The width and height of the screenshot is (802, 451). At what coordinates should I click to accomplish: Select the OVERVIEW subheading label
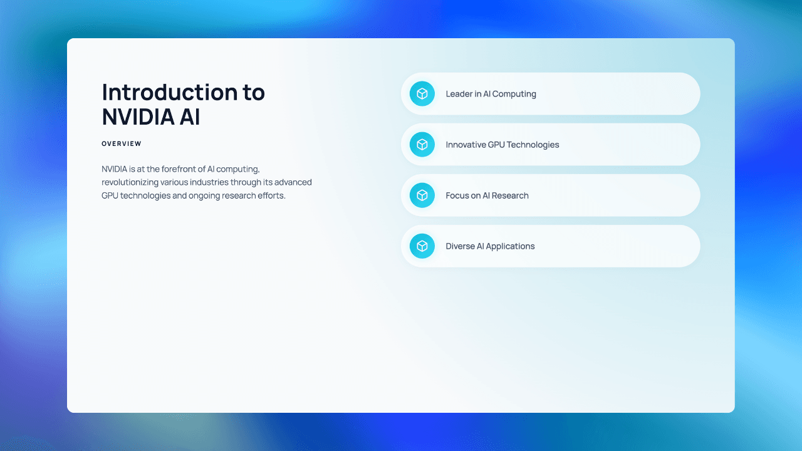click(122, 144)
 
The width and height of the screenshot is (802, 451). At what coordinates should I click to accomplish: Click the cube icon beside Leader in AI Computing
click(422, 94)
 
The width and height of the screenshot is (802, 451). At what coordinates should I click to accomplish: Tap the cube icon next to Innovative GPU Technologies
click(422, 145)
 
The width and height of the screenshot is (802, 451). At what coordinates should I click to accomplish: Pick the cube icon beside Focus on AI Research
click(422, 195)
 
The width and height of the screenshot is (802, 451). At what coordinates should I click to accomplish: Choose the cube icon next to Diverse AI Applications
click(422, 246)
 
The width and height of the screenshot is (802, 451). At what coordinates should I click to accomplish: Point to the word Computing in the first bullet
click(514, 94)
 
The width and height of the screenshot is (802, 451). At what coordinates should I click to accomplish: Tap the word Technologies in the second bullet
click(533, 145)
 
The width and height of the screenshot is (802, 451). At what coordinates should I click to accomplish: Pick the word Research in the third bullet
click(511, 195)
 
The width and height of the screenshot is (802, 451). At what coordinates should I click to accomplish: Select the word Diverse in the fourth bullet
click(461, 246)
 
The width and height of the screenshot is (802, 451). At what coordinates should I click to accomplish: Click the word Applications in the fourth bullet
click(511, 246)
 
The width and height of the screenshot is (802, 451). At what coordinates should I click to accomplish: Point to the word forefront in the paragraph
click(182, 169)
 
